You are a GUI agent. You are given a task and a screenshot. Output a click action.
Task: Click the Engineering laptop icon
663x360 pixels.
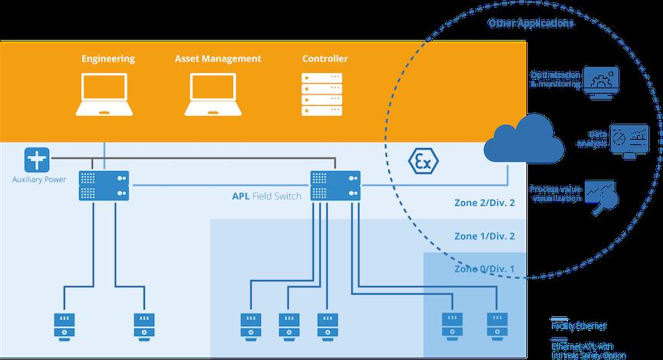106,94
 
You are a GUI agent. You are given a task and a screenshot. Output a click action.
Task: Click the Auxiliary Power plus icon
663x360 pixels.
37,160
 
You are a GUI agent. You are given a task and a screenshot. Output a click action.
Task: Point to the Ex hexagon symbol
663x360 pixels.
422,161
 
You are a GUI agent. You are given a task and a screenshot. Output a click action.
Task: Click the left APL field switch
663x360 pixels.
104,185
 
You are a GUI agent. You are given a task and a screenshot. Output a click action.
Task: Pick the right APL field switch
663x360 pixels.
336,185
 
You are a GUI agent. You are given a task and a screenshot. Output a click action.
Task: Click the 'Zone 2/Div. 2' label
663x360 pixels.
486,203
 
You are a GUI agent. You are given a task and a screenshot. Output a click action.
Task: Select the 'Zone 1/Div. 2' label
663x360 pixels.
486,236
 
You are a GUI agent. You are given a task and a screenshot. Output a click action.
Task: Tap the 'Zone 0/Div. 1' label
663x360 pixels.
486,269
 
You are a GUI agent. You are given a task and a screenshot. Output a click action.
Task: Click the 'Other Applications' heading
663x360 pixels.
531,23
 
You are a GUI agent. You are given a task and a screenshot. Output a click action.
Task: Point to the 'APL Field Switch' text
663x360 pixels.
266,196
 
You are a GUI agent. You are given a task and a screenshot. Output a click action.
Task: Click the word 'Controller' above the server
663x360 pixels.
325,58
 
